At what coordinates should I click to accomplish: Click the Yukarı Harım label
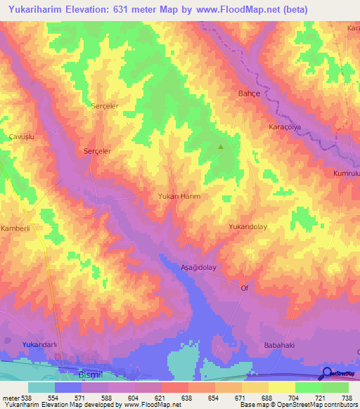[x=179, y=197]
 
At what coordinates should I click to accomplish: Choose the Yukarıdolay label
[x=249, y=227]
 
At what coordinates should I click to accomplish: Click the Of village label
[x=245, y=288]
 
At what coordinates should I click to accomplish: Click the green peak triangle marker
[x=221, y=147]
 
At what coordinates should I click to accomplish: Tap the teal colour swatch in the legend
[x=41, y=387]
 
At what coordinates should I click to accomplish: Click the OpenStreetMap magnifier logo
[x=328, y=372]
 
